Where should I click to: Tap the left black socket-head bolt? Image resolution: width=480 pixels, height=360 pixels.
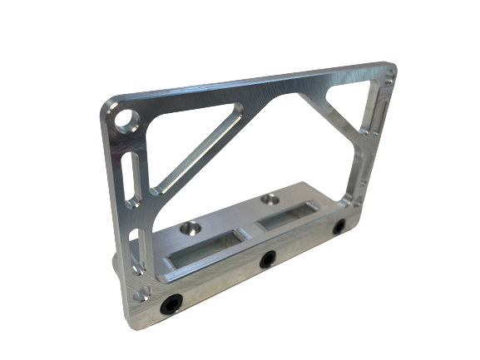click(x=170, y=305)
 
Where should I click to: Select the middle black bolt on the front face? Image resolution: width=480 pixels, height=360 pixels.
click(x=266, y=260)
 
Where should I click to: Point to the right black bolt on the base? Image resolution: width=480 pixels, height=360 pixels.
click(x=339, y=228)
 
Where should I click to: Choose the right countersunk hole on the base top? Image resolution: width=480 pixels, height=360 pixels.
click(x=269, y=200)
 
